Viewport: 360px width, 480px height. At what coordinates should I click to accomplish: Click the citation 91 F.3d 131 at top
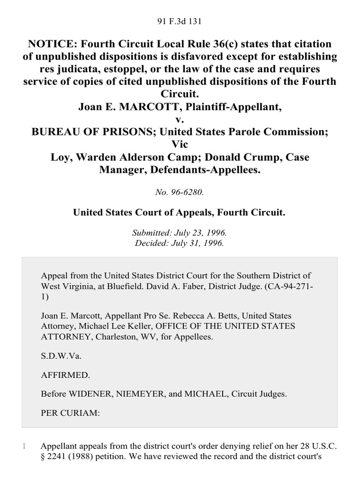(x=180, y=21)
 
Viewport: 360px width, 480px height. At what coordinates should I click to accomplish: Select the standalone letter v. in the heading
(x=180, y=120)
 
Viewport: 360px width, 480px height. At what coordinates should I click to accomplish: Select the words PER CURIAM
(x=66, y=413)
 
